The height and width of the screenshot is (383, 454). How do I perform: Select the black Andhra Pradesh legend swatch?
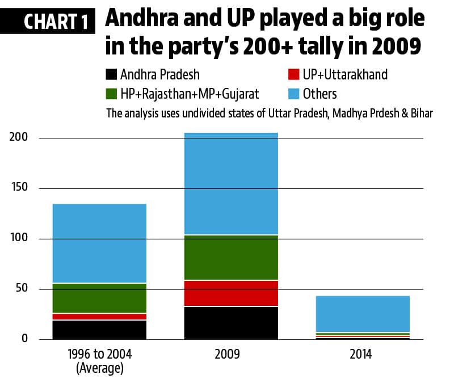pos(112,74)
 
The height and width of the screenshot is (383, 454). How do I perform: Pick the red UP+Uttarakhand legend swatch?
pos(293,74)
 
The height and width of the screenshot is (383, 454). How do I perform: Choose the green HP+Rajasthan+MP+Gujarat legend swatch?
pos(112,93)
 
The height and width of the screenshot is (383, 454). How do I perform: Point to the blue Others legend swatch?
pos(293,93)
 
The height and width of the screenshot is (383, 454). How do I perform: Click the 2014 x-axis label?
pos(361,355)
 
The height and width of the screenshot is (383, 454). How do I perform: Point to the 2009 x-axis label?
pos(230,355)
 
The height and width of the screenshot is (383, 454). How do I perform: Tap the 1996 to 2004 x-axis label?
pos(99,355)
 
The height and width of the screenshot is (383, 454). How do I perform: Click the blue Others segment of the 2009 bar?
pos(230,183)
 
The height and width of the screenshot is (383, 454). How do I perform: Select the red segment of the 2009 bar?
pos(230,293)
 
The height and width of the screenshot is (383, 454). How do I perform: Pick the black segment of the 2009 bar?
pos(230,323)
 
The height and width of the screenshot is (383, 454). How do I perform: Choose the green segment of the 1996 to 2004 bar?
pos(99,298)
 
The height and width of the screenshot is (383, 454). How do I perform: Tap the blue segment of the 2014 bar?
pos(363,314)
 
